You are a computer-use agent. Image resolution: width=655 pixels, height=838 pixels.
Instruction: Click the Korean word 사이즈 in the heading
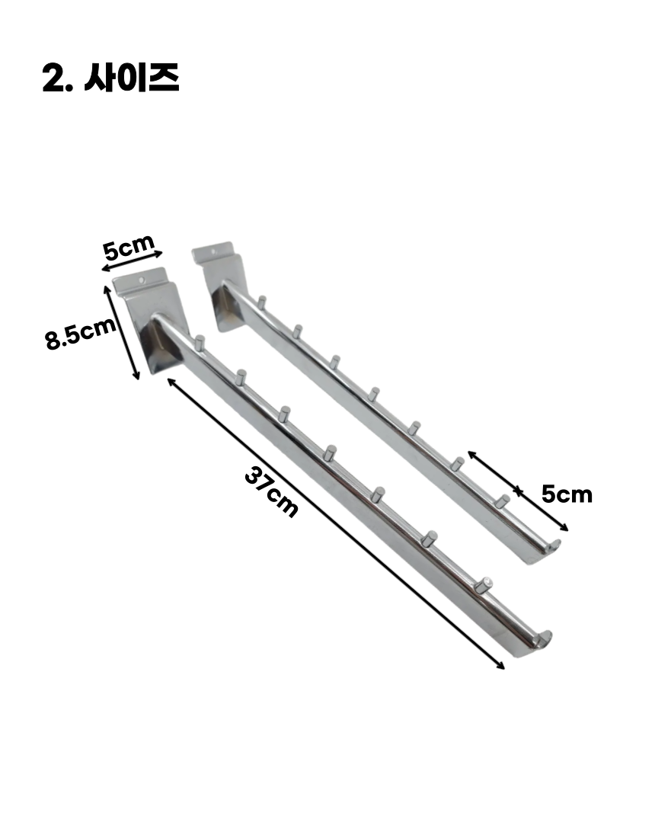click(132, 78)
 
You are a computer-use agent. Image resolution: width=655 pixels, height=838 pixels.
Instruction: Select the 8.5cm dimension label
click(81, 334)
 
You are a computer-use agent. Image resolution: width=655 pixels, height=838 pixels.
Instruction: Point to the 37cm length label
click(271, 492)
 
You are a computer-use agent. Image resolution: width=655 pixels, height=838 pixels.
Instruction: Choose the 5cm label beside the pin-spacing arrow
click(567, 494)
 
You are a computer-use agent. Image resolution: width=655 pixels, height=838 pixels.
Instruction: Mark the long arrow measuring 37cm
click(336, 523)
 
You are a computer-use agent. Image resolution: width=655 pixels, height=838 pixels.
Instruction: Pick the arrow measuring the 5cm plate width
click(132, 261)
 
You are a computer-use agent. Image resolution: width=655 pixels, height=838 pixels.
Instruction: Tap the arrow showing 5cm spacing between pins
click(518, 491)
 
